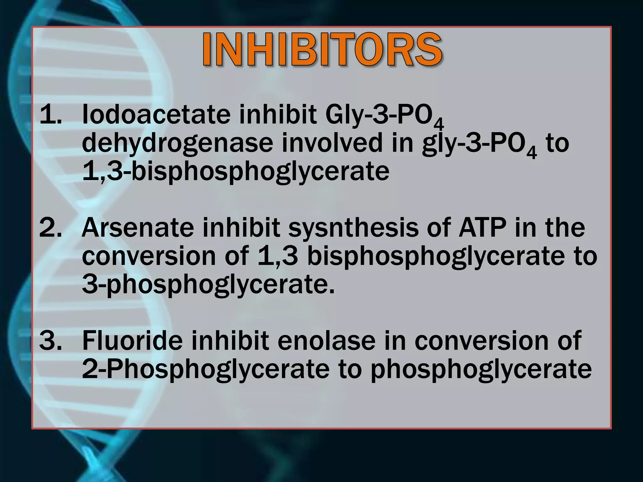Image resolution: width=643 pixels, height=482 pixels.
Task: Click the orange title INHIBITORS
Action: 322,50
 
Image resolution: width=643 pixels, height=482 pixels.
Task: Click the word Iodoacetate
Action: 156,115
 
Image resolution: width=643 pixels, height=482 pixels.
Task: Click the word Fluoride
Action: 132,341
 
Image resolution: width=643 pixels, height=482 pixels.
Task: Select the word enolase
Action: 327,341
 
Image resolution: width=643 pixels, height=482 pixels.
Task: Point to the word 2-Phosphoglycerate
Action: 206,370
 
